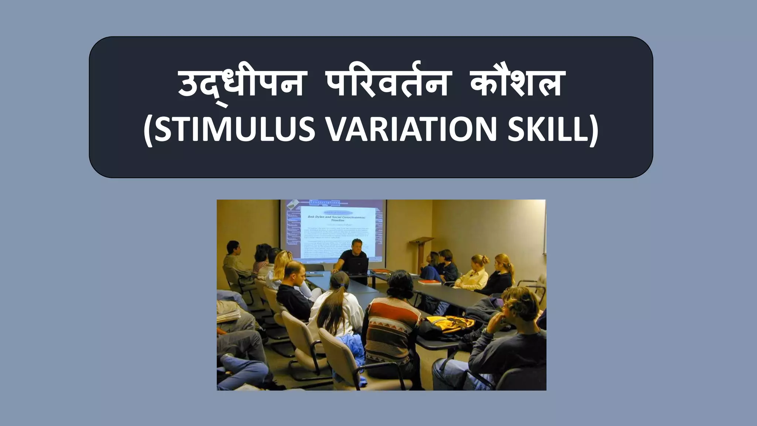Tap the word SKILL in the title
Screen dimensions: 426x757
551,130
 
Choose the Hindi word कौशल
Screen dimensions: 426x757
517,84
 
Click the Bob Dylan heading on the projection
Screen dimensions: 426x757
336,217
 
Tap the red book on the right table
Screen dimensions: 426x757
431,282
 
